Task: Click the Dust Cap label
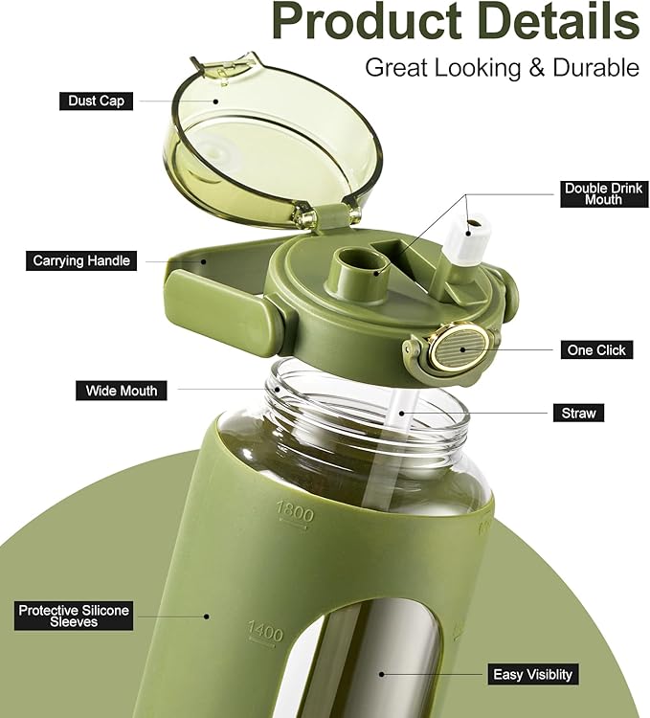tap(96, 101)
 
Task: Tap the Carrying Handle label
tap(81, 261)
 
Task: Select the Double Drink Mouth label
tap(603, 194)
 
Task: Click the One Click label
tap(596, 349)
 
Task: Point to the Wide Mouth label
tap(122, 391)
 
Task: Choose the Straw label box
tap(578, 413)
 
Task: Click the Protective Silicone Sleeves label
tap(74, 616)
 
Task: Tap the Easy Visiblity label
tap(533, 675)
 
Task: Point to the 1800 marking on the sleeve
tap(295, 514)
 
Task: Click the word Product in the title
tap(368, 21)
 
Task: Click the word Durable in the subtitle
tap(596, 68)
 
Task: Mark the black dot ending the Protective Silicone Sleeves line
tap(207, 617)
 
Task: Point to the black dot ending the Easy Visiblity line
tap(381, 674)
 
